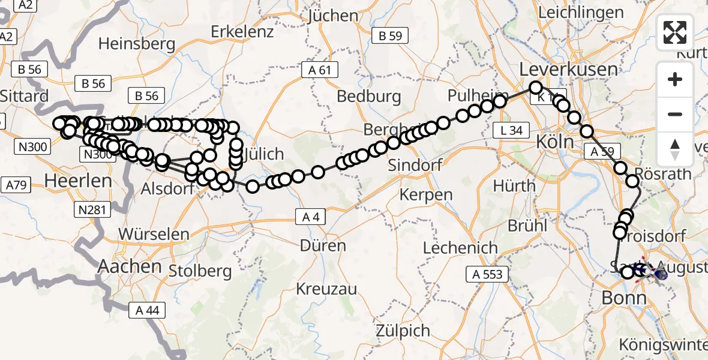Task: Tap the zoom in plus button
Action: tap(675, 79)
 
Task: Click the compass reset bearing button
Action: tap(675, 149)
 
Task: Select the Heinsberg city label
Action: tap(137, 43)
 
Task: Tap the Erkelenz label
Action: tap(242, 31)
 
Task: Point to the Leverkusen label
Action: tap(568, 69)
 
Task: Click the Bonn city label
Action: tap(624, 298)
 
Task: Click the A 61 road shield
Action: tap(320, 70)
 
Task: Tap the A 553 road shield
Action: tap(487, 275)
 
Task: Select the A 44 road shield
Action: tap(147, 310)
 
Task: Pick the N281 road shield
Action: tap(92, 209)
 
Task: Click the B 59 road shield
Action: tap(390, 36)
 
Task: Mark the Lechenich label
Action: tap(460, 247)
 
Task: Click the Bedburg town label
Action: tap(368, 96)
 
